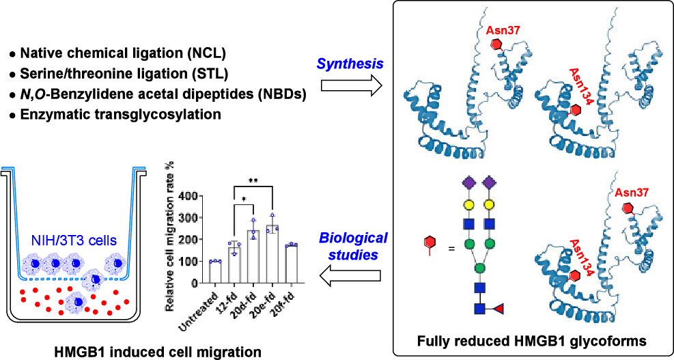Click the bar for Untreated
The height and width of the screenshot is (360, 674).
pos(215,272)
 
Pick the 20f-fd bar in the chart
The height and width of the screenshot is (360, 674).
pos(291,264)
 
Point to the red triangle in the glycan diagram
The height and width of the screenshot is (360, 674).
pos(499,308)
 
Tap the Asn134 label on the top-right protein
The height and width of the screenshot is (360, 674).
pos(577,87)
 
